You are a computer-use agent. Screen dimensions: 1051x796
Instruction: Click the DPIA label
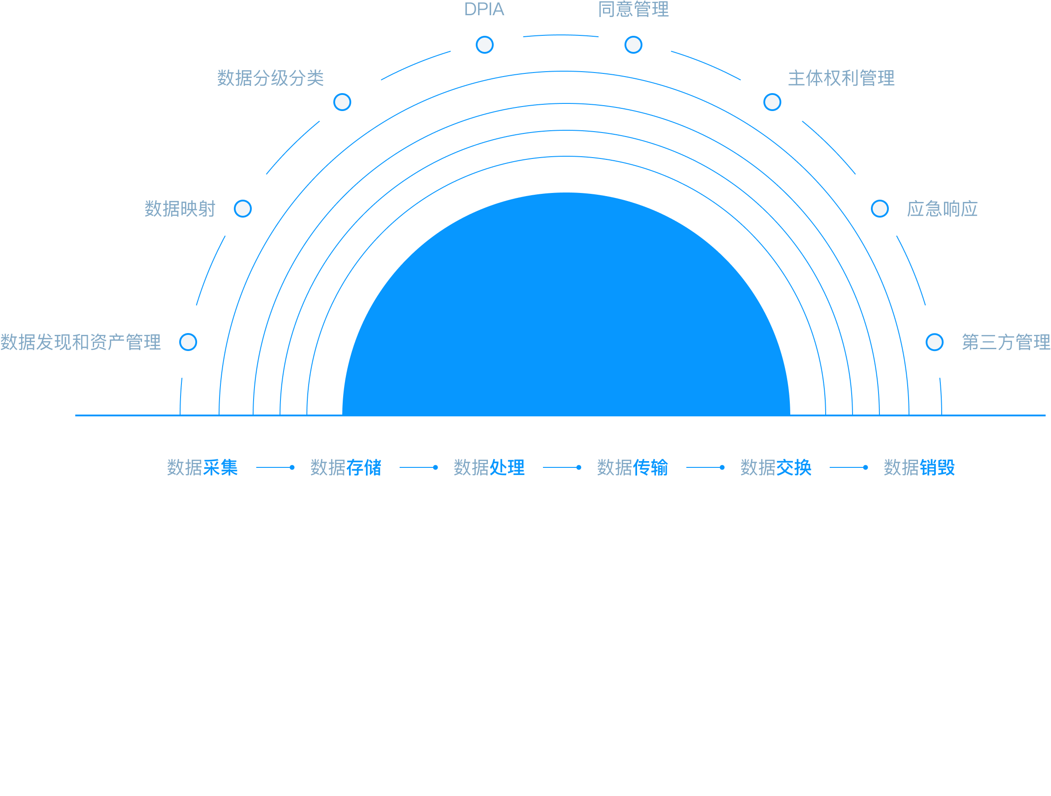click(x=484, y=9)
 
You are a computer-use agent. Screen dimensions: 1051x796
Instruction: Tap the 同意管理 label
click(x=633, y=9)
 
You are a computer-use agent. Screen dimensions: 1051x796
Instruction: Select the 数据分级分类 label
click(x=270, y=78)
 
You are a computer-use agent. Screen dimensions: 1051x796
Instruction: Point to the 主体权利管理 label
click(x=841, y=78)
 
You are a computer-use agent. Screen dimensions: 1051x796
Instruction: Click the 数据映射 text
click(x=180, y=209)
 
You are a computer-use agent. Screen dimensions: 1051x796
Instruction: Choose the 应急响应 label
click(x=942, y=209)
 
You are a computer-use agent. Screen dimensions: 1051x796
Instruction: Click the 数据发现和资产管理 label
click(x=81, y=342)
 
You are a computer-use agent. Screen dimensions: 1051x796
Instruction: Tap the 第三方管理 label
click(x=1006, y=342)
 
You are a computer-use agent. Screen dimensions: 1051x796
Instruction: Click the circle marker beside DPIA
click(x=485, y=45)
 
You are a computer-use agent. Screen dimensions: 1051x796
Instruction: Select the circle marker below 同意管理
click(x=633, y=45)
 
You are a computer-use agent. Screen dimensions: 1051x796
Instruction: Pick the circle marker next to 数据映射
click(x=243, y=209)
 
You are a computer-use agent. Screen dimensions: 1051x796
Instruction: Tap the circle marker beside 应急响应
click(x=880, y=209)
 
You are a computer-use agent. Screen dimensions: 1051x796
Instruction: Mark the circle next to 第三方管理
click(x=935, y=342)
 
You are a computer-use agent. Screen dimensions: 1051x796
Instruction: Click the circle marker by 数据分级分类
click(x=342, y=102)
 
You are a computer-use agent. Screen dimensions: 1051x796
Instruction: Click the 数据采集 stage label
click(x=202, y=467)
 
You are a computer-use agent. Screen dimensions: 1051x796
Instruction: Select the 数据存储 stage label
click(x=346, y=467)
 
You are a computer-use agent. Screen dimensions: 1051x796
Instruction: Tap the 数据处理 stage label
click(x=489, y=467)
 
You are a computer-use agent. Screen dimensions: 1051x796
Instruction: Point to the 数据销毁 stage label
click(x=919, y=467)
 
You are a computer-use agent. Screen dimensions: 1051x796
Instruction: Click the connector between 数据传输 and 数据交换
click(x=706, y=467)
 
